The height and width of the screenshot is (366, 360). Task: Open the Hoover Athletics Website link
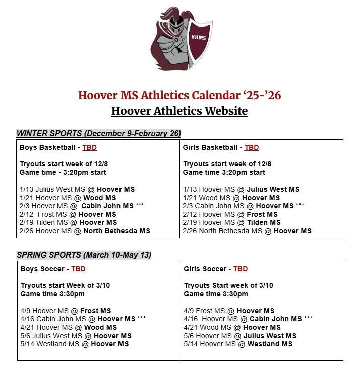(179, 110)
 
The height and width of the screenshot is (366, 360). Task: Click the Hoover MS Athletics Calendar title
(179, 95)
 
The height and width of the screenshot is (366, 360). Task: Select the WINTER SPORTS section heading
(99, 133)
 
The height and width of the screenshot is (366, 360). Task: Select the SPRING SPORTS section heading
(84, 255)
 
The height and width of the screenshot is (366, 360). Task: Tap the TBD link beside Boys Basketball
(89, 147)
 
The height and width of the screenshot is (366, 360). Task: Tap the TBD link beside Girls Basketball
(251, 147)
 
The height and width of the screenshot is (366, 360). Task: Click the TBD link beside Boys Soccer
(78, 269)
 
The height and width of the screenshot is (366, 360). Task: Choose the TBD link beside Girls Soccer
(241, 269)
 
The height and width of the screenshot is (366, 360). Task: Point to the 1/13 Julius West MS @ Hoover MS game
(77, 189)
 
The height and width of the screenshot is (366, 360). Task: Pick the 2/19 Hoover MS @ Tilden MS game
(231, 222)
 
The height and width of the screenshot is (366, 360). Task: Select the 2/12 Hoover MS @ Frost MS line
(230, 214)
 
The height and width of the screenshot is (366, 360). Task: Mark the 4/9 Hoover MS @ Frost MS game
(66, 311)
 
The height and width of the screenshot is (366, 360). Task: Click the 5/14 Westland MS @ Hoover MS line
(75, 344)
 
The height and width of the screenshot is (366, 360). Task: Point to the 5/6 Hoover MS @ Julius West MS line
(240, 336)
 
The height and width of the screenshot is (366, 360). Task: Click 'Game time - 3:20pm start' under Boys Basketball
(63, 172)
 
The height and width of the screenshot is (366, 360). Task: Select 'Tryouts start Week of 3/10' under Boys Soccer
(65, 285)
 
